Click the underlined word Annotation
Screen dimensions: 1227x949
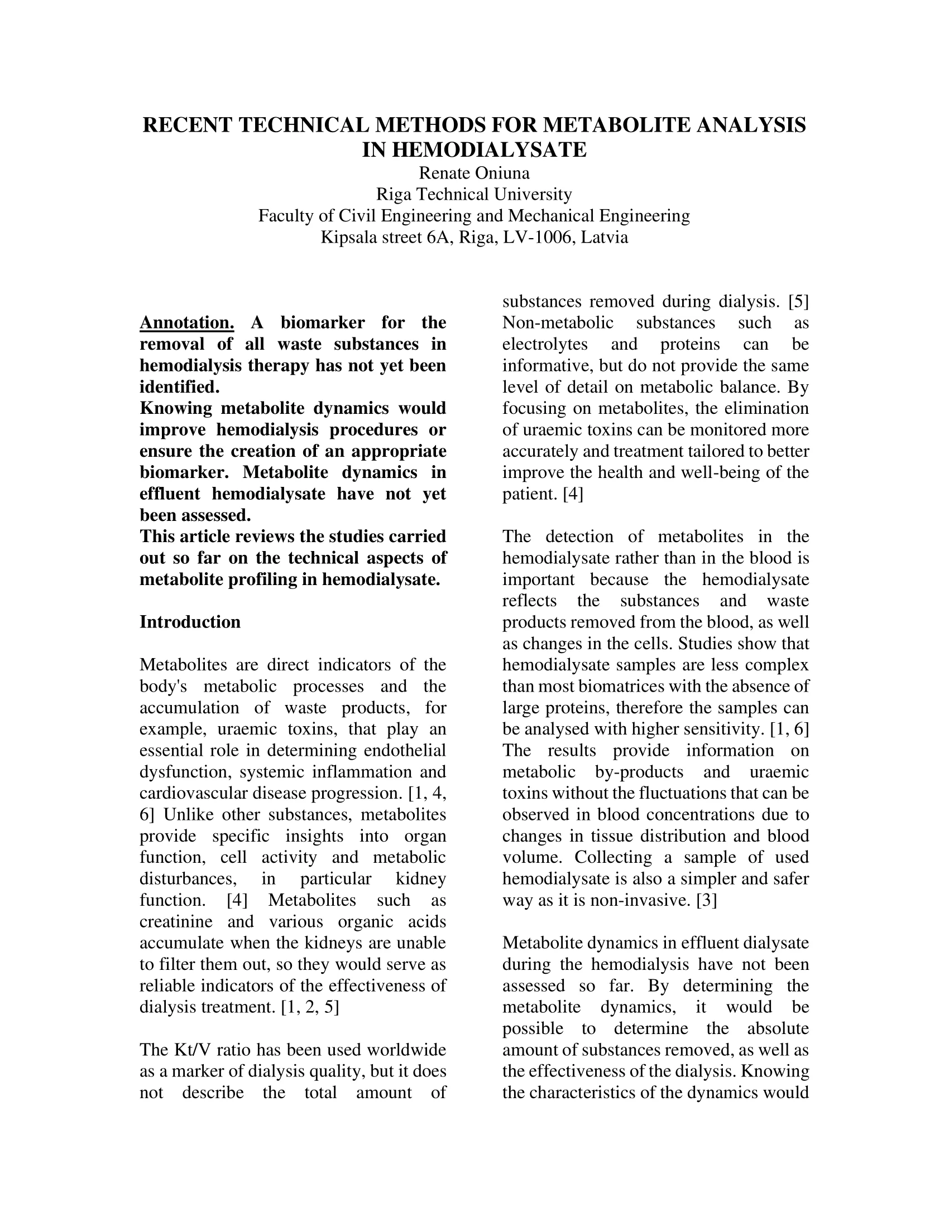click(186, 323)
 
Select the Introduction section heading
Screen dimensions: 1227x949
click(190, 622)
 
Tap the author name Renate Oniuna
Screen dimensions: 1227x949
click(474, 173)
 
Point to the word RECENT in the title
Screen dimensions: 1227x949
click(188, 125)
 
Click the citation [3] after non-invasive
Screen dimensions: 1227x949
click(706, 900)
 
